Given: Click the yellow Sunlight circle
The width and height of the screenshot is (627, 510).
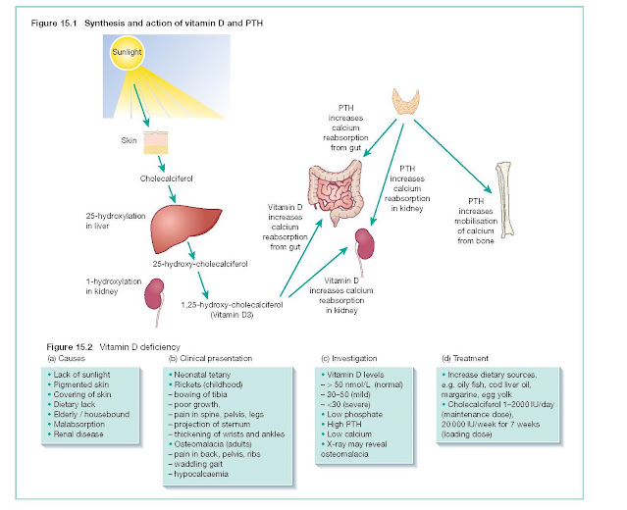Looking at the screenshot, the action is click(x=127, y=52).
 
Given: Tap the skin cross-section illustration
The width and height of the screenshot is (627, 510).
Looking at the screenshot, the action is click(x=156, y=142).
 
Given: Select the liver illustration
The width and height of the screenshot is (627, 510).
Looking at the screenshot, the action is click(x=185, y=229).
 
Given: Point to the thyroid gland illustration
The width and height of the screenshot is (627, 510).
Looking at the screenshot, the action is click(x=406, y=102).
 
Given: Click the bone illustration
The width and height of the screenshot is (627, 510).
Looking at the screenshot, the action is click(x=504, y=200).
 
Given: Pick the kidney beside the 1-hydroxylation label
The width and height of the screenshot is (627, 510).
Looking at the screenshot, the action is click(x=155, y=300).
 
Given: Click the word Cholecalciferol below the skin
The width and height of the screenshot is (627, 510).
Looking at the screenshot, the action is click(x=167, y=178).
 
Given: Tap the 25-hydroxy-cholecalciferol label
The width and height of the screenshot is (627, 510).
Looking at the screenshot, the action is click(x=200, y=264).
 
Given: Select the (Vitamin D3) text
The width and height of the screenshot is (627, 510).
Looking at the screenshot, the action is click(x=232, y=315).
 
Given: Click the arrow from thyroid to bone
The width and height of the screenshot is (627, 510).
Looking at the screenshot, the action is click(x=452, y=156).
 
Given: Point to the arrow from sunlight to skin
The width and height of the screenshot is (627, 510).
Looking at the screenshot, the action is click(x=141, y=105).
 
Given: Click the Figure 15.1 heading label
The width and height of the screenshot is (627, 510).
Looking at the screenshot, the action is click(x=54, y=24).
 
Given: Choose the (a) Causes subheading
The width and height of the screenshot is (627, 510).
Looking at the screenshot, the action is click(x=66, y=359).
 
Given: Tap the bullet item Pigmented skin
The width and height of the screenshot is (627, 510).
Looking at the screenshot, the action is click(x=81, y=384).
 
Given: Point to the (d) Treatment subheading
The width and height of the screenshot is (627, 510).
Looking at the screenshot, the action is click(x=465, y=359).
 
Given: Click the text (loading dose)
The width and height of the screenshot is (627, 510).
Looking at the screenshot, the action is click(x=467, y=434).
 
